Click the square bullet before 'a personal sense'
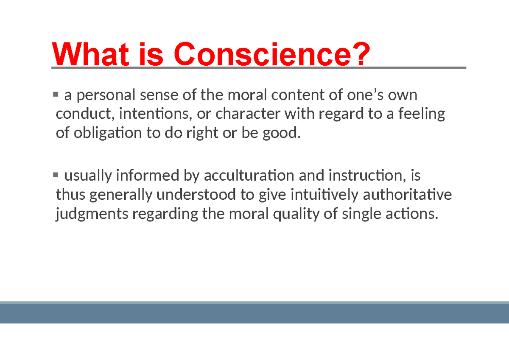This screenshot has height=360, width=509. (55, 95)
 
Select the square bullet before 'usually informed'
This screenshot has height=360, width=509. (55, 174)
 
